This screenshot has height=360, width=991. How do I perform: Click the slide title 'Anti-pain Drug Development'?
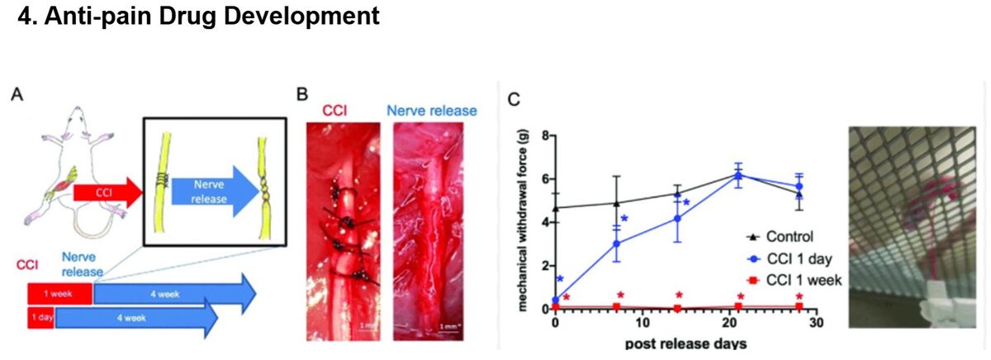[x=198, y=17]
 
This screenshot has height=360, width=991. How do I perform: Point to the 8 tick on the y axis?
[x=544, y=135]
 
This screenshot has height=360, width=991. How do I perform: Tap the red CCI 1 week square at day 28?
[x=799, y=306]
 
